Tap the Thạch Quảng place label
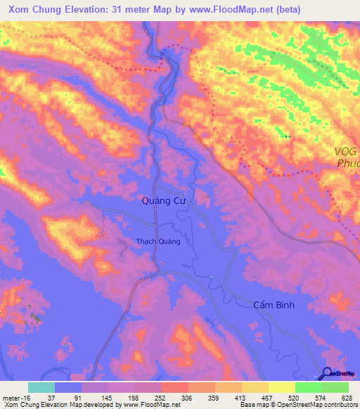158,241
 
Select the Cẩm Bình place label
278,304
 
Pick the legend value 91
67,397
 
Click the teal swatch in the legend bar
41,387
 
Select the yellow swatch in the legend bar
282,387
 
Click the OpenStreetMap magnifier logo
328,375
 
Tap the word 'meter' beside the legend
10,397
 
